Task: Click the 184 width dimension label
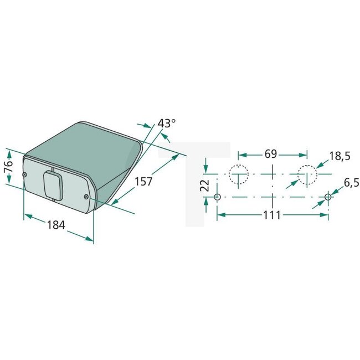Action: point(56,225)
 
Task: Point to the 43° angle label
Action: point(166,124)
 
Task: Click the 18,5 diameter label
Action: point(339,156)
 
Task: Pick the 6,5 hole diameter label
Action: point(339,182)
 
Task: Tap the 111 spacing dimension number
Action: point(271,215)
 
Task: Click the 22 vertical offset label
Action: point(204,185)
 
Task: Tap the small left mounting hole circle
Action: point(217,197)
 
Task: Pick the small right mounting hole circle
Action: point(328,197)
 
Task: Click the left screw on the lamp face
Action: point(25,176)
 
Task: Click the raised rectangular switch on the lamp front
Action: point(53,184)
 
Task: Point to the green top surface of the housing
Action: point(83,141)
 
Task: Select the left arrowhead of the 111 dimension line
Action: point(220,214)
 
